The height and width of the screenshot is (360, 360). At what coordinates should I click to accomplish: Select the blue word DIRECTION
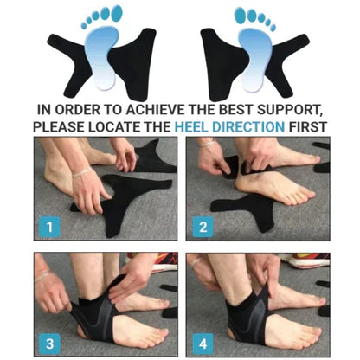tap(256, 125)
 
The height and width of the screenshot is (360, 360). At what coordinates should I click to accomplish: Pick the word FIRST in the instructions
tap(315, 125)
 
